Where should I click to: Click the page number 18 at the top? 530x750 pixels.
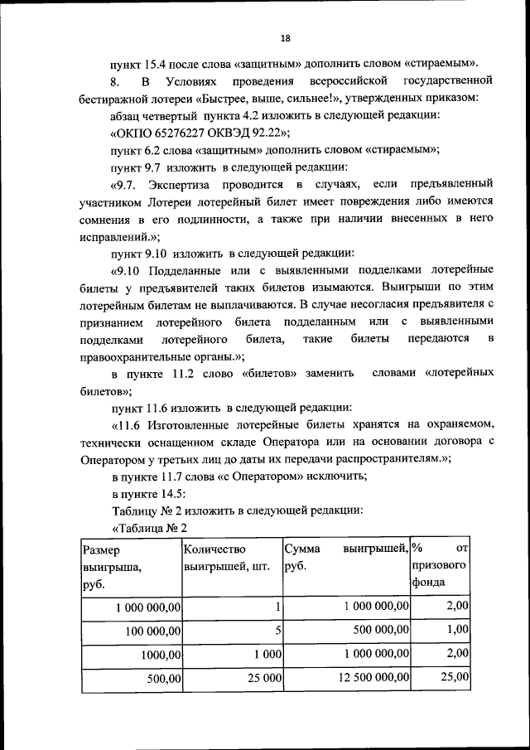[285, 38]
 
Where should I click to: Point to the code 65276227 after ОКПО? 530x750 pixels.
[171, 133]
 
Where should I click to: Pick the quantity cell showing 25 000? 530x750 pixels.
[263, 677]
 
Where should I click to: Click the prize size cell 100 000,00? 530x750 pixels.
[153, 631]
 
